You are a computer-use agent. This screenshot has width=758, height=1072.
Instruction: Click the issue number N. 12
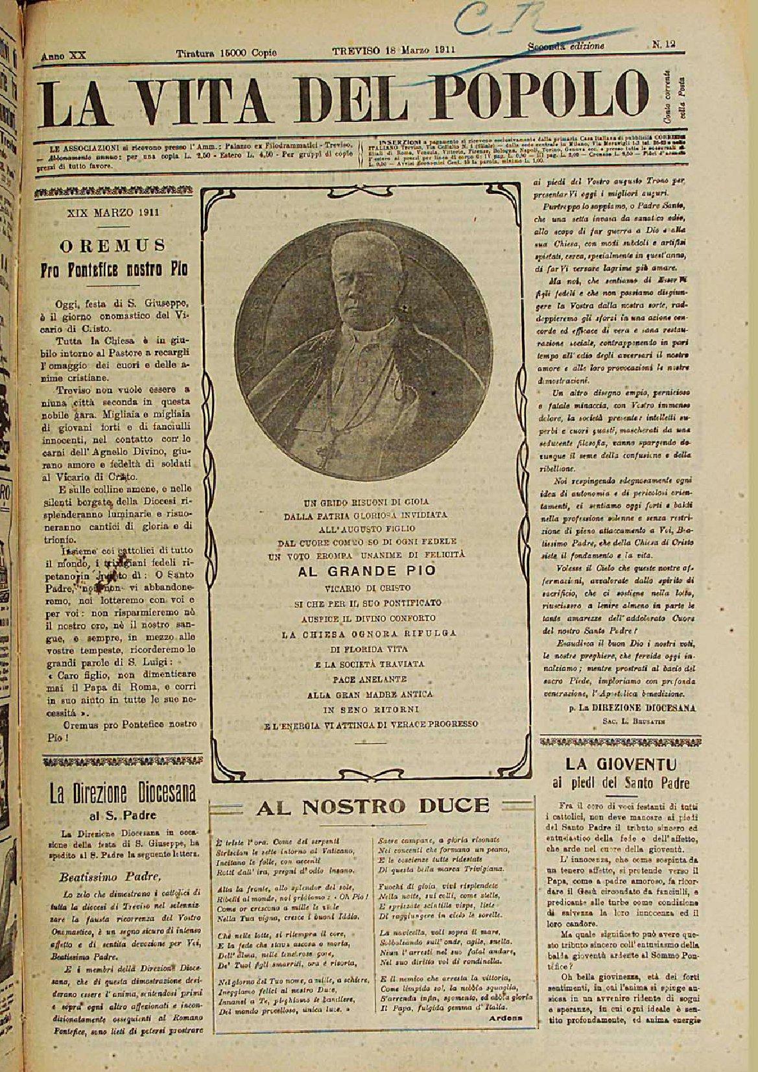point(664,45)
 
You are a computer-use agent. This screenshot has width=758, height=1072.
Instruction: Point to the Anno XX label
point(64,56)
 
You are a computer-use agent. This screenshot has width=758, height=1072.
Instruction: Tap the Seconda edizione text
point(565,46)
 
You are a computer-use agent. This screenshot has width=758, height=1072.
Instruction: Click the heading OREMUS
point(113,246)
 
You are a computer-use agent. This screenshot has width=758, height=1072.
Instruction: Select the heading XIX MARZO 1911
point(113,212)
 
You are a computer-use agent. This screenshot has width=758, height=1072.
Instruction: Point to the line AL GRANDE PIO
point(366,571)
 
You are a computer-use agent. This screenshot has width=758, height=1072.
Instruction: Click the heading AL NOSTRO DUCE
point(373,806)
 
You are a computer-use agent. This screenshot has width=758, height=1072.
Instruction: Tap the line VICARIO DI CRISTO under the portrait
point(366,588)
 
